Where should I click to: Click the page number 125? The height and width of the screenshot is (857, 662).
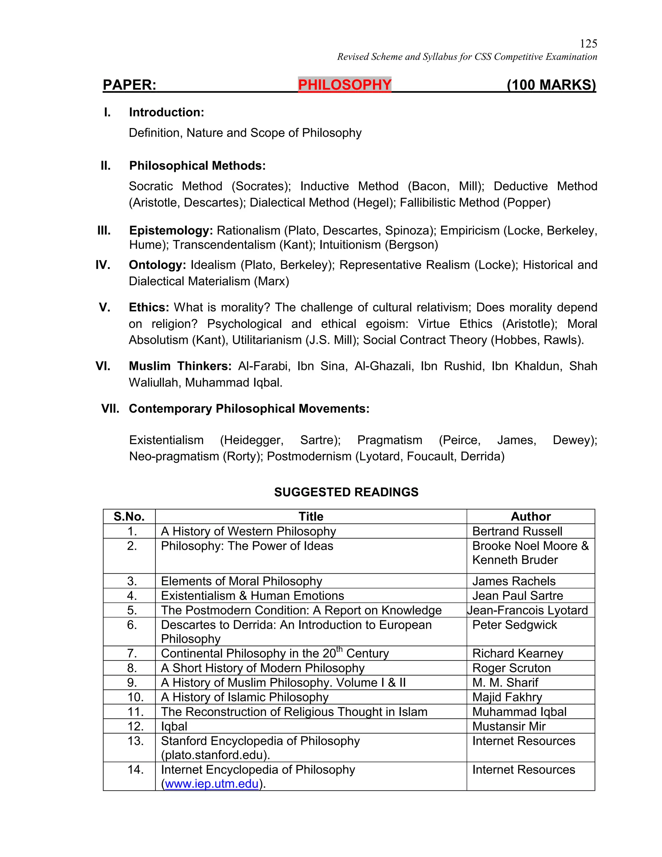(588, 44)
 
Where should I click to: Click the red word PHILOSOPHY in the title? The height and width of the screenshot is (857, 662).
(344, 85)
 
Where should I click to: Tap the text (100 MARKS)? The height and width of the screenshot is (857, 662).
(551, 85)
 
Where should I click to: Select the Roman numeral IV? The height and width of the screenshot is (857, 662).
(103, 265)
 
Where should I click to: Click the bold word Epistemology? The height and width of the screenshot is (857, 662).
(171, 230)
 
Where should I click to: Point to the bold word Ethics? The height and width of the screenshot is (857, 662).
(149, 307)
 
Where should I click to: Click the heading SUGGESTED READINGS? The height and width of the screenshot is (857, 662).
(346, 492)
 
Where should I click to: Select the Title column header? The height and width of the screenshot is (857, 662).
(311, 516)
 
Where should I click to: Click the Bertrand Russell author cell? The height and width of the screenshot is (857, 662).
(517, 531)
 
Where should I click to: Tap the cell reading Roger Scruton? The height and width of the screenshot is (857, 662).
(511, 668)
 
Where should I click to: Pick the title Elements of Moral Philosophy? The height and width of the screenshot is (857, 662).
(241, 581)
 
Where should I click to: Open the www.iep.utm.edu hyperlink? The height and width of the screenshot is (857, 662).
(212, 784)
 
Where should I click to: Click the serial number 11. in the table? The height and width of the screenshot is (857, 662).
(135, 712)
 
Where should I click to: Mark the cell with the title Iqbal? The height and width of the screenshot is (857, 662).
(174, 726)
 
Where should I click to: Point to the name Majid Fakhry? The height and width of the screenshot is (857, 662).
(507, 697)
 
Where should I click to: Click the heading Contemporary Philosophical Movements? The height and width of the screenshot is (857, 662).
(249, 409)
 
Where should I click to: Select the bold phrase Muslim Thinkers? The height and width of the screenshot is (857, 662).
(180, 366)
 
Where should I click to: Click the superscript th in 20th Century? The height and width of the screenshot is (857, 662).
(339, 649)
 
